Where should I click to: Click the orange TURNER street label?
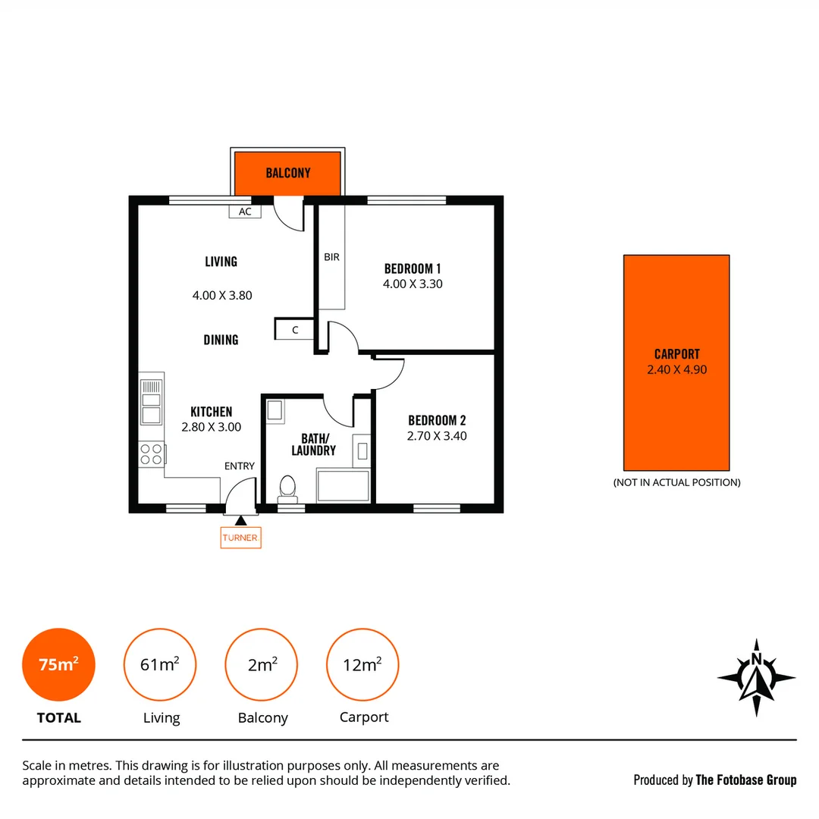click(240, 538)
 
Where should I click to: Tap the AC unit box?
click(245, 212)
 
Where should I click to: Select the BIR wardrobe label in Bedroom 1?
click(331, 257)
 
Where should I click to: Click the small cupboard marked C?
click(294, 330)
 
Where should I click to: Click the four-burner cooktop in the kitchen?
click(152, 453)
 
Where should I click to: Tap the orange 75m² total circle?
click(58, 665)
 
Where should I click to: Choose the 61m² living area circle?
click(159, 665)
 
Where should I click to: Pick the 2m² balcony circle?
click(262, 665)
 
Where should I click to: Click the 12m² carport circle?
click(362, 665)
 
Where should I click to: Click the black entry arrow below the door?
click(241, 520)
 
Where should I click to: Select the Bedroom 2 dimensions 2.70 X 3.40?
click(437, 436)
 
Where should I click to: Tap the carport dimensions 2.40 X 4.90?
click(676, 370)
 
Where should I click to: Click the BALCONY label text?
click(288, 173)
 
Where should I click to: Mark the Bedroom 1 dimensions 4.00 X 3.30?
click(413, 284)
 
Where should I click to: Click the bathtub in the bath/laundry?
click(343, 485)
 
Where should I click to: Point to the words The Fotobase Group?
click(745, 780)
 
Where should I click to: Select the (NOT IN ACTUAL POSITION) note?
click(676, 482)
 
